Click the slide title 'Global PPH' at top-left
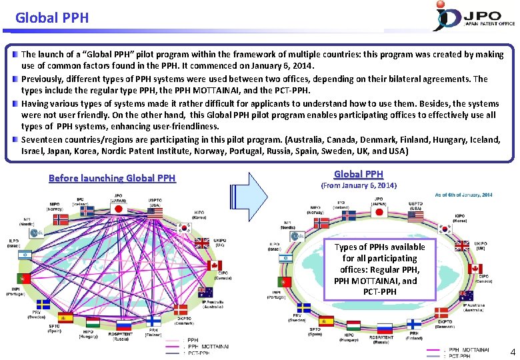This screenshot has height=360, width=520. pyautogui.click(x=52, y=18)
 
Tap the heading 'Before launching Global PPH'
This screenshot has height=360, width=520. pyautogui.click(x=112, y=178)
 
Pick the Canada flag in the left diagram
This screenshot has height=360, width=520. pyautogui.click(x=214, y=265)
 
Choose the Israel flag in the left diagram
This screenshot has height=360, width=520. pyautogui.click(x=25, y=254)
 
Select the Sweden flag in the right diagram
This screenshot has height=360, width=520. pyautogui.click(x=304, y=308)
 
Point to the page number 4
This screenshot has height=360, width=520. pyautogui.click(x=512, y=351)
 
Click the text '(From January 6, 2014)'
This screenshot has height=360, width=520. pyautogui.click(x=359, y=185)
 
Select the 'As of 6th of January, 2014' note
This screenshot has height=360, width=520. pyautogui.click(x=463, y=195)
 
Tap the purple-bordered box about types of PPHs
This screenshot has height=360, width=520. pyautogui.click(x=379, y=269)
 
